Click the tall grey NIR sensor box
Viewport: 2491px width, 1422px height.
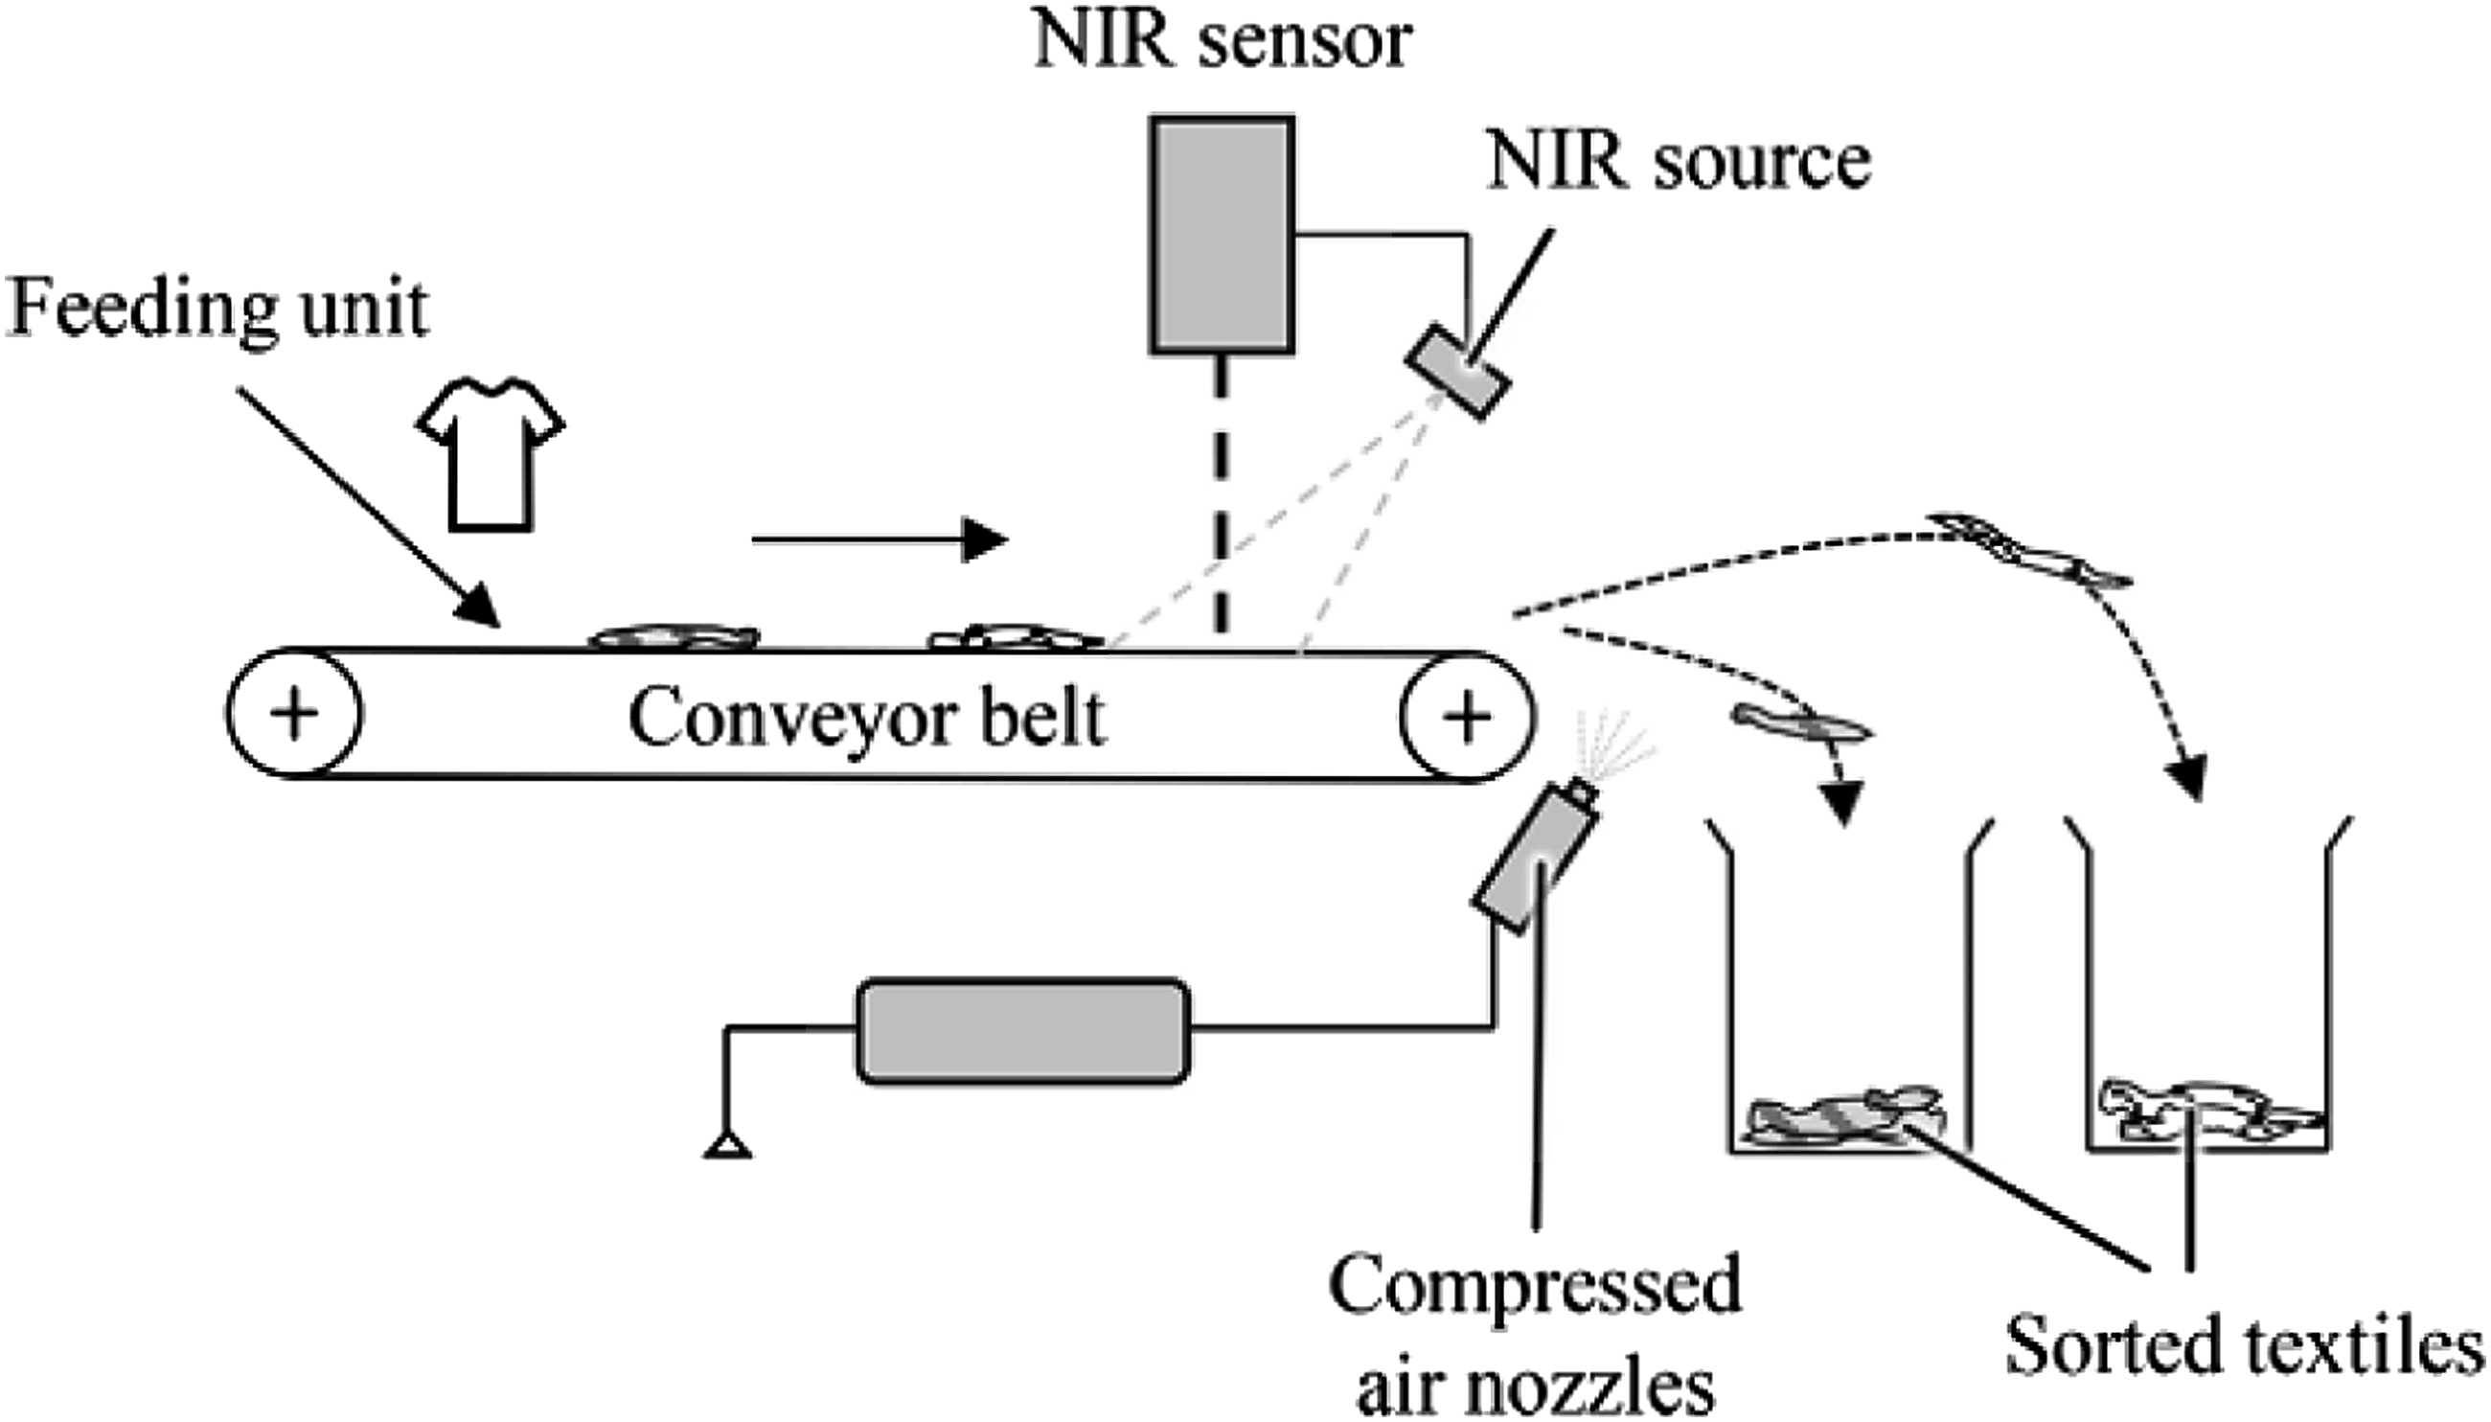tap(1222, 235)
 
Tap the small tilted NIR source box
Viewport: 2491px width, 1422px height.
tap(1458, 371)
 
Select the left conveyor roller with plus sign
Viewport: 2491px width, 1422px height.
tap(294, 713)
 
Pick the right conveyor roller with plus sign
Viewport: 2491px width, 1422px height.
tap(1467, 716)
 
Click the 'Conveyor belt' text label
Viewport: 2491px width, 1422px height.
tap(866, 718)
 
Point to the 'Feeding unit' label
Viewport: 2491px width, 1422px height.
tap(217, 310)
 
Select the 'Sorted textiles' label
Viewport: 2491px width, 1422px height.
tap(2244, 1345)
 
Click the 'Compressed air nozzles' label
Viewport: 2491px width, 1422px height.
tap(1535, 1333)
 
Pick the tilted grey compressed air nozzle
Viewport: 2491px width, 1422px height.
tap(1535, 857)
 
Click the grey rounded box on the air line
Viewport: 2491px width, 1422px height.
tap(1022, 1030)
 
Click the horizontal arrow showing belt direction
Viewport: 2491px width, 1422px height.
tap(879, 539)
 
